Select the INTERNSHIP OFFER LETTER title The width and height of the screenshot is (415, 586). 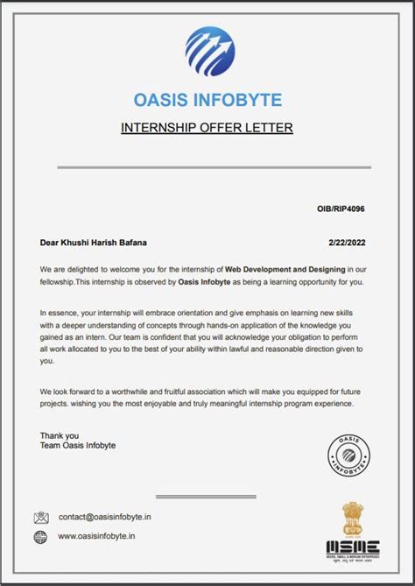(x=207, y=128)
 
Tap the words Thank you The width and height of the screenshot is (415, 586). (x=59, y=435)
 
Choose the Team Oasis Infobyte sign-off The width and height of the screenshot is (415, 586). (x=77, y=446)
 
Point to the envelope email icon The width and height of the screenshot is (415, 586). (x=41, y=518)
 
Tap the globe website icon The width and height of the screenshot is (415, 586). (x=41, y=536)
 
